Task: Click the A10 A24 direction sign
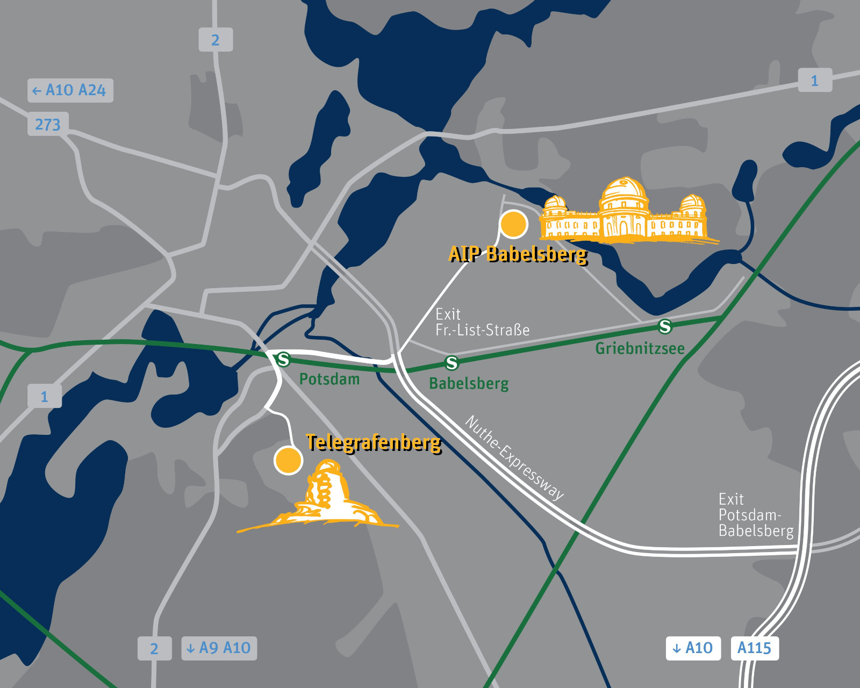70,90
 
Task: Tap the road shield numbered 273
48,124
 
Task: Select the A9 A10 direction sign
219,648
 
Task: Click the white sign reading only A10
693,648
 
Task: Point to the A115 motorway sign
754,648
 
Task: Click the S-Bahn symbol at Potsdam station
282,359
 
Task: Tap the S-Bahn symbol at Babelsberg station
452,363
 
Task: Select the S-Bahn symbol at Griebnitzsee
665,326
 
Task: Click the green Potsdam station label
329,379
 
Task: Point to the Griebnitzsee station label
640,348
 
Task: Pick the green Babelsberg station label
469,384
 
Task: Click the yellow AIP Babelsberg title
518,254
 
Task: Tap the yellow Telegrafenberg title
374,442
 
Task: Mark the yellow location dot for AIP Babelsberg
513,224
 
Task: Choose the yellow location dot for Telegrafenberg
288,461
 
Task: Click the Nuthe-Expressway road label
514,457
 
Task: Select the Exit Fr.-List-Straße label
482,322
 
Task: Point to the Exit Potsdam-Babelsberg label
755,515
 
